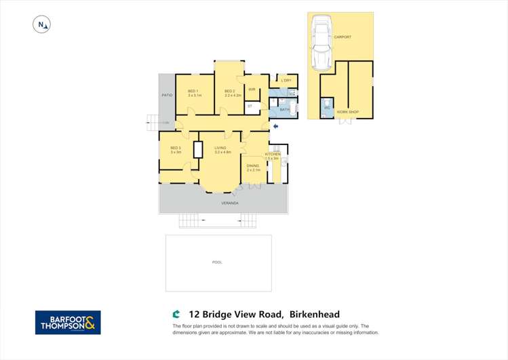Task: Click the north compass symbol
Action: pyautogui.click(x=43, y=25)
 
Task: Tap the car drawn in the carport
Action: pyautogui.click(x=319, y=43)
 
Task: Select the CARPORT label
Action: pyautogui.click(x=343, y=37)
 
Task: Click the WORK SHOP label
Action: pyautogui.click(x=349, y=111)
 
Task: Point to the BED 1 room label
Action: pyautogui.click(x=193, y=91)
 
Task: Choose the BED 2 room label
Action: pyautogui.click(x=230, y=91)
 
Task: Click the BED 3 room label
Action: pyautogui.click(x=175, y=148)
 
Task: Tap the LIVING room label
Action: pyautogui.click(x=220, y=148)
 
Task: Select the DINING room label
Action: pyautogui.click(x=252, y=165)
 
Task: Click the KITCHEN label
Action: pyautogui.click(x=273, y=155)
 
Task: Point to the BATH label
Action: pyautogui.click(x=285, y=109)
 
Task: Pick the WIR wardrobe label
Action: pyautogui.click(x=251, y=89)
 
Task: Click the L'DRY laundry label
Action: pyautogui.click(x=286, y=81)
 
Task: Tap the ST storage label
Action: pyautogui.click(x=250, y=106)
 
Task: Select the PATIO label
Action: pyautogui.click(x=166, y=95)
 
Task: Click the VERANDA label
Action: pyautogui.click(x=230, y=203)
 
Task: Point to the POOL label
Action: pyautogui.click(x=217, y=262)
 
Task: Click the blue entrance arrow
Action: pyautogui.click(x=275, y=126)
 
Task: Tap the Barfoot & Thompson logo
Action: pyautogui.click(x=68, y=322)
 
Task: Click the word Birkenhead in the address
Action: pyautogui.click(x=315, y=314)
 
